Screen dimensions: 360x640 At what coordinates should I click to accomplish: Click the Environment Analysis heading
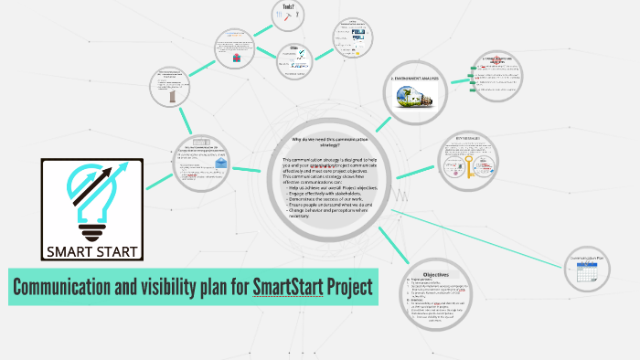click(415, 79)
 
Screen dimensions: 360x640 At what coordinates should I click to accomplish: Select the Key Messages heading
click(473, 139)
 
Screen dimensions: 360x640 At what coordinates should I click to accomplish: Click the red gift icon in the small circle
click(236, 57)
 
